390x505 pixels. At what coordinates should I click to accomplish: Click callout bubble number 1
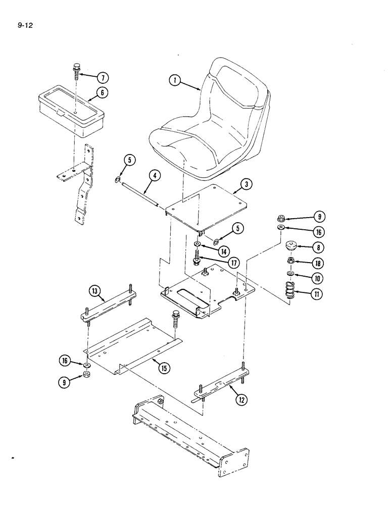click(x=175, y=80)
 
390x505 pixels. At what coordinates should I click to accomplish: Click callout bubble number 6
click(x=103, y=93)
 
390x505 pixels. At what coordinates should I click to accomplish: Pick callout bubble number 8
click(x=318, y=247)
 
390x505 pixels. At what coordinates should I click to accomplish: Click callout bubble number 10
click(x=318, y=278)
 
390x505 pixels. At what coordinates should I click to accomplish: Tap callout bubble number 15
click(x=164, y=368)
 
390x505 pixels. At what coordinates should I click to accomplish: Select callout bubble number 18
click(x=318, y=263)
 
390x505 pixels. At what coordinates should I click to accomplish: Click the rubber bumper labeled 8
click(x=291, y=247)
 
